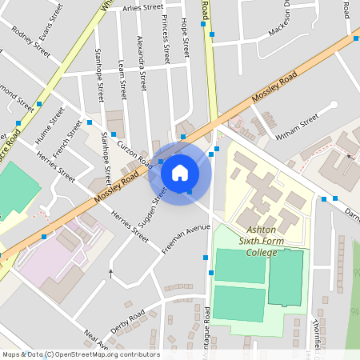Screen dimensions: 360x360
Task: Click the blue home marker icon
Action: coord(180,171)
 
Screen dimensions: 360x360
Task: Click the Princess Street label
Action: coord(165,38)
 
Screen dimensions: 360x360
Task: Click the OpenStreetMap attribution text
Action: coord(81,354)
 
